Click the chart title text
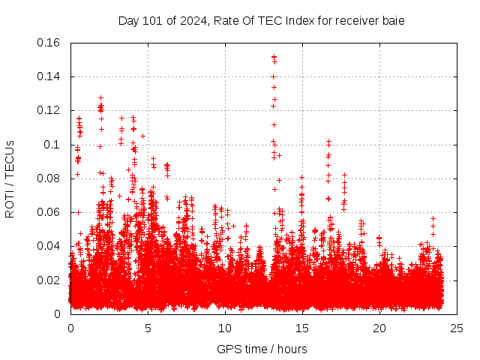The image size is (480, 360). coord(261,20)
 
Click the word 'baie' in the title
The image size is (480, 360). coord(392,20)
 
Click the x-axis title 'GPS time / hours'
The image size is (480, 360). coord(262,349)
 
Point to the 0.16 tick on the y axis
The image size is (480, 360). coord(51,43)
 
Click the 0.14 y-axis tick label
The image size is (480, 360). coord(51,76)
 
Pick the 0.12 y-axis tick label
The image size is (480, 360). coord(51,110)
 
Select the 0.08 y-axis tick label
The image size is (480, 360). coord(51,178)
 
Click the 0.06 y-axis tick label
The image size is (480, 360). coord(51,212)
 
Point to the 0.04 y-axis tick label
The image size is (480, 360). coord(51,246)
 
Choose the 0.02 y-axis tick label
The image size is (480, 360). coord(51,280)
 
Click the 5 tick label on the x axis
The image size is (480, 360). coord(148,328)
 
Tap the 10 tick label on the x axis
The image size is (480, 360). coord(225,328)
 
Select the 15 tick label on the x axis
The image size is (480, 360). coord(302,328)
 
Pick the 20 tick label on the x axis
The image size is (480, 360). coord(379,328)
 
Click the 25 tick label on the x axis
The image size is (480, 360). coord(457,328)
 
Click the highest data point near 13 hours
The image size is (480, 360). coord(274,56)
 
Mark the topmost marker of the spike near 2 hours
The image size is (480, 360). coord(100,97)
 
